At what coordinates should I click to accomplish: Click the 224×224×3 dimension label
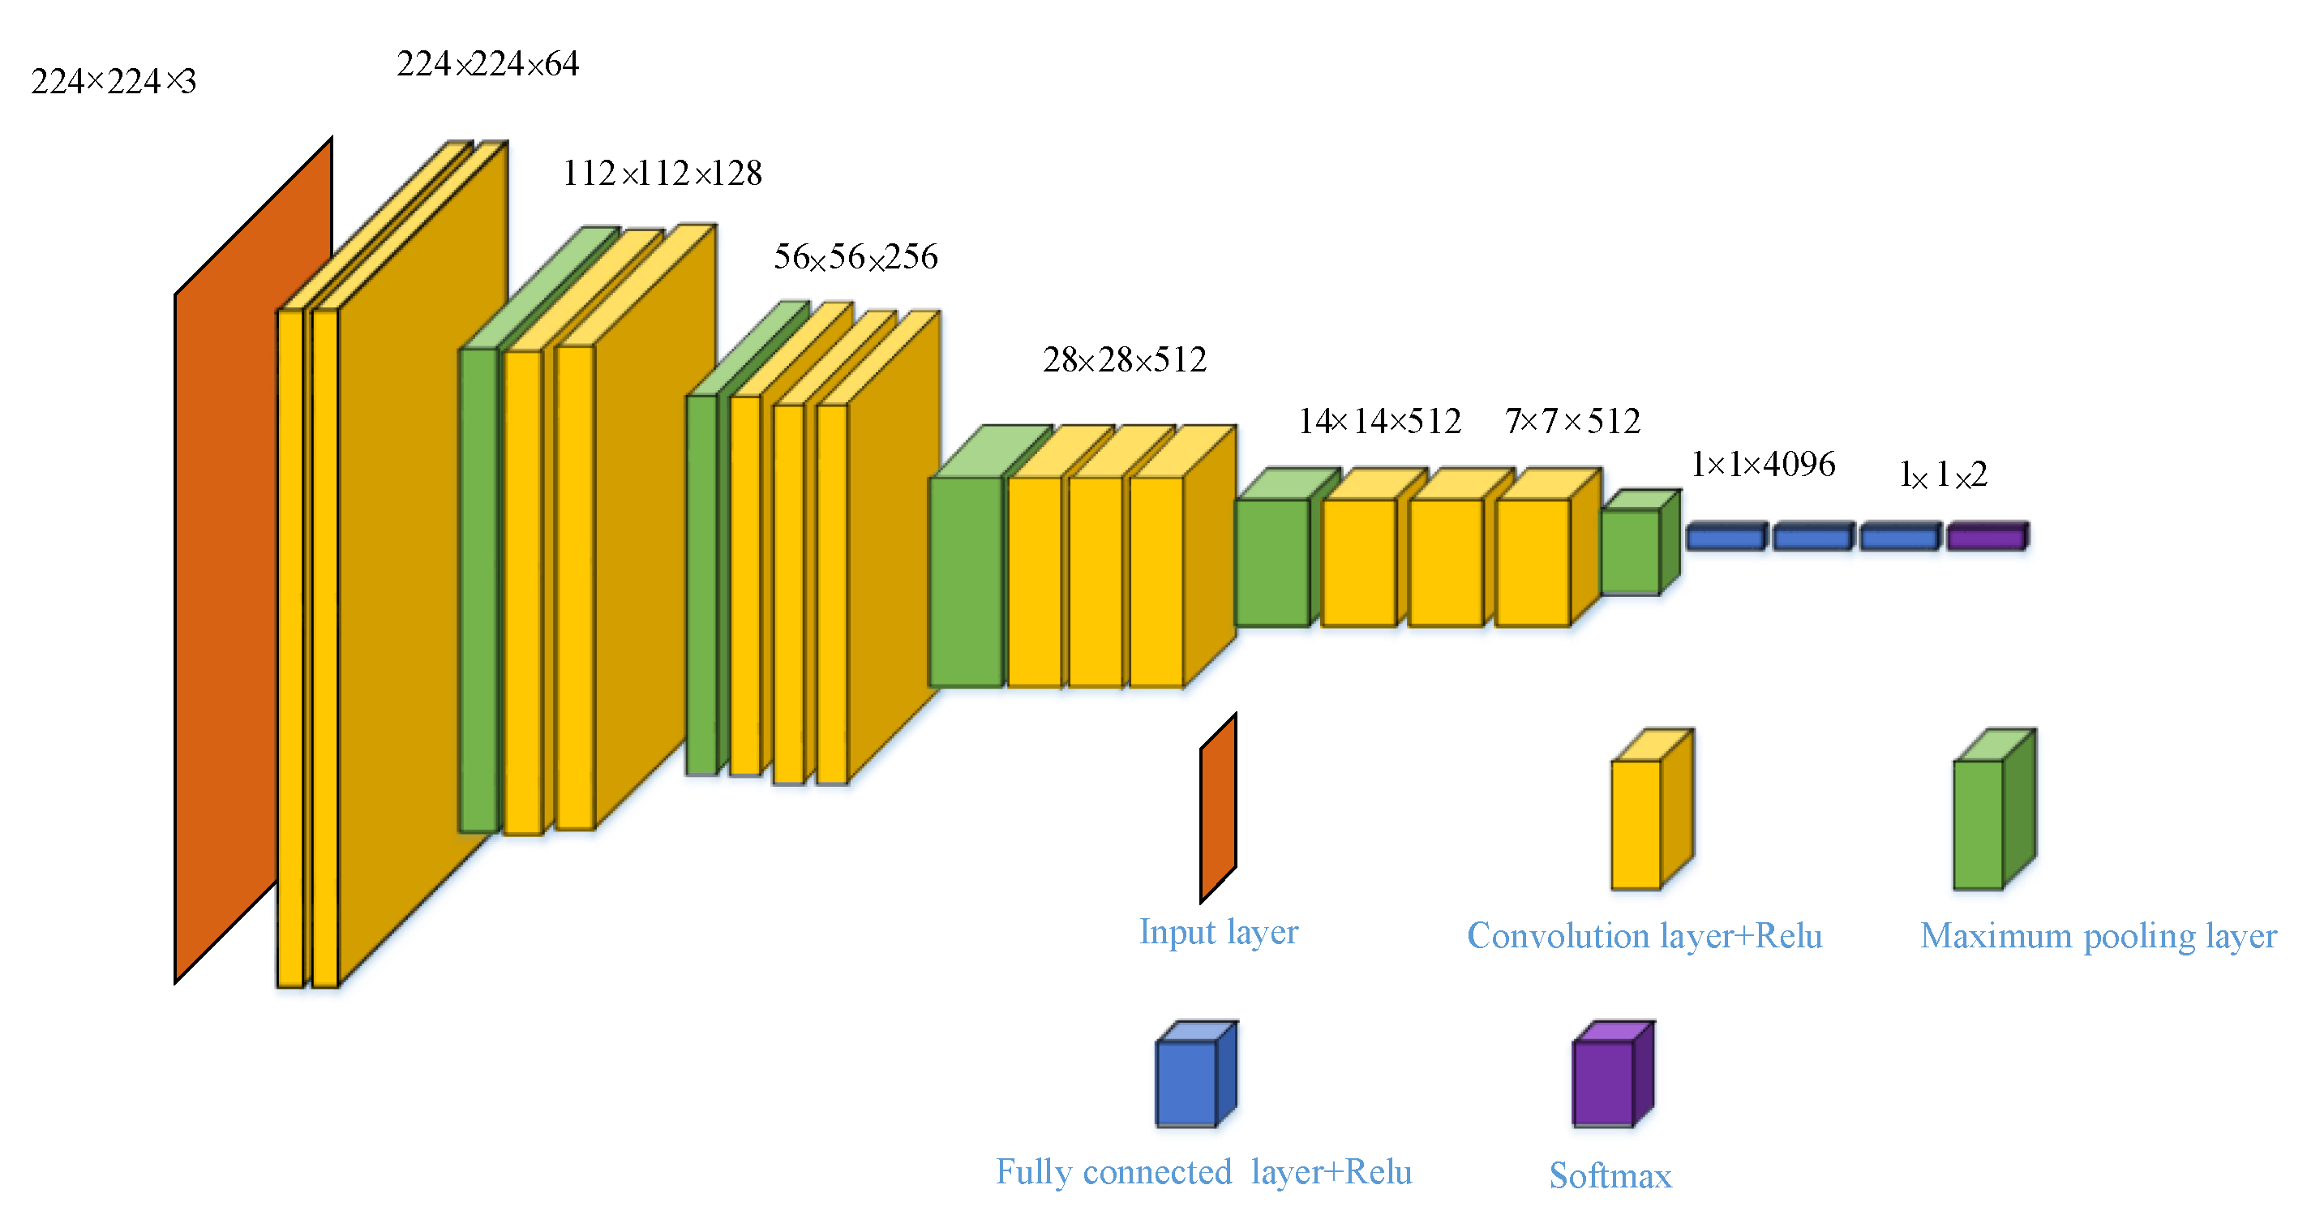click(x=113, y=81)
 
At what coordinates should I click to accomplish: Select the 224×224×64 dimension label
click(x=487, y=65)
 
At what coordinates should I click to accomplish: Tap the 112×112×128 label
click(x=662, y=173)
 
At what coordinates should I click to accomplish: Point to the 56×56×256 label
click(x=855, y=257)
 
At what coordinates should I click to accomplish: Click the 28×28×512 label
click(x=1124, y=360)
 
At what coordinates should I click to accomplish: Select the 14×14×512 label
click(x=1379, y=421)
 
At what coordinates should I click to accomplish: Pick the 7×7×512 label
click(x=1572, y=421)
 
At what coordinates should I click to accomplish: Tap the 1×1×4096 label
click(x=1763, y=464)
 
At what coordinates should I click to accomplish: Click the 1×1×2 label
click(x=1942, y=474)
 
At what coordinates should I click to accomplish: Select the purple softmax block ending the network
click(x=1988, y=536)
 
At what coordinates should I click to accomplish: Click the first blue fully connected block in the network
click(x=1726, y=536)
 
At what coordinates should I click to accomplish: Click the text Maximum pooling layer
click(x=2098, y=937)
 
